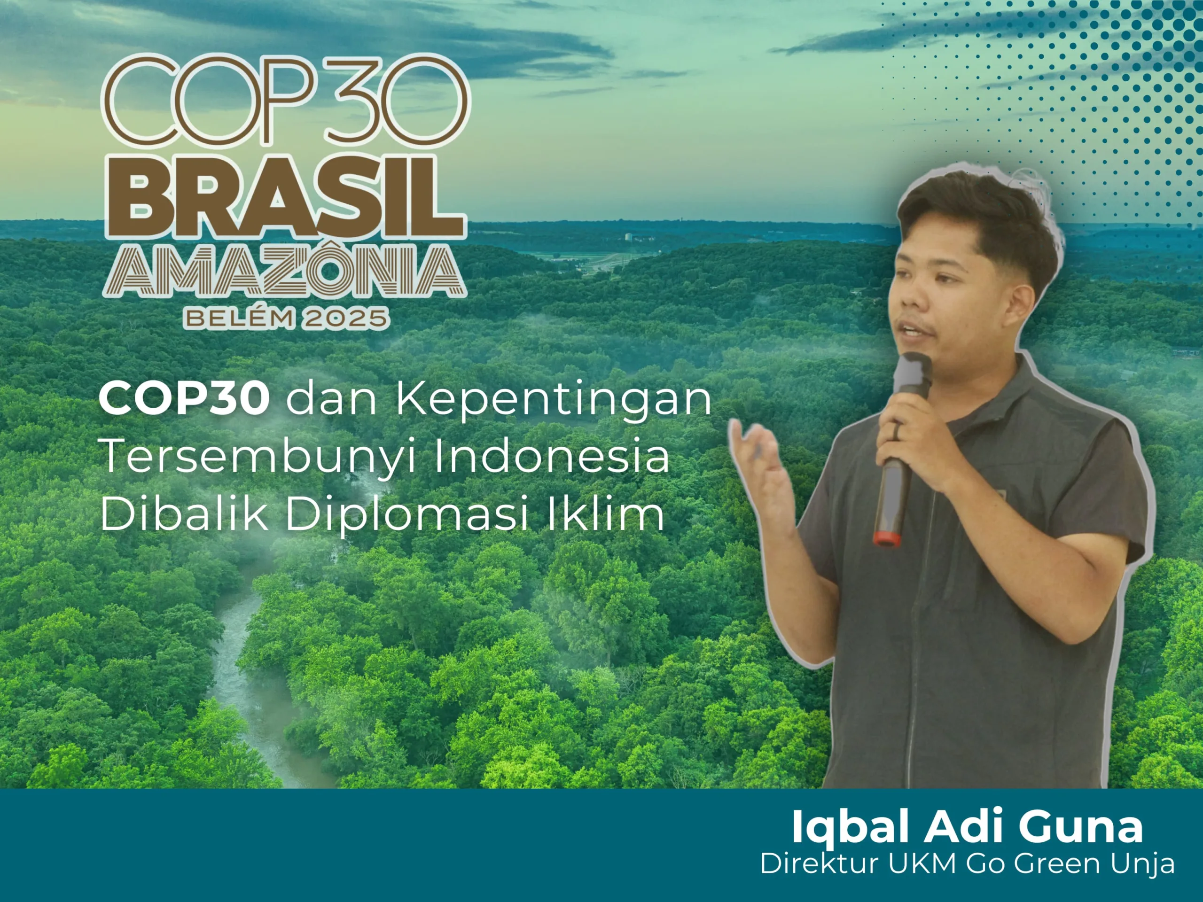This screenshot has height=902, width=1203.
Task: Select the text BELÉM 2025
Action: [x=286, y=318]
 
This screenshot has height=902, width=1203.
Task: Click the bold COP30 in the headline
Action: [x=184, y=398]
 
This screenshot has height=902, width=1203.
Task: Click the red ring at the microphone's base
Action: [x=886, y=538]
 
